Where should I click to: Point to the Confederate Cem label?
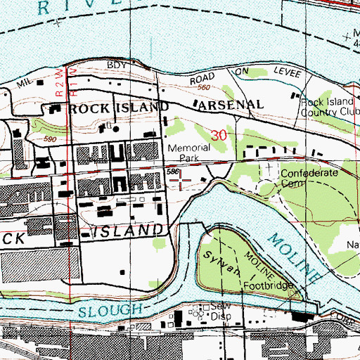click(x=309, y=176)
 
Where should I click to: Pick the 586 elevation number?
click(x=173, y=172)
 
